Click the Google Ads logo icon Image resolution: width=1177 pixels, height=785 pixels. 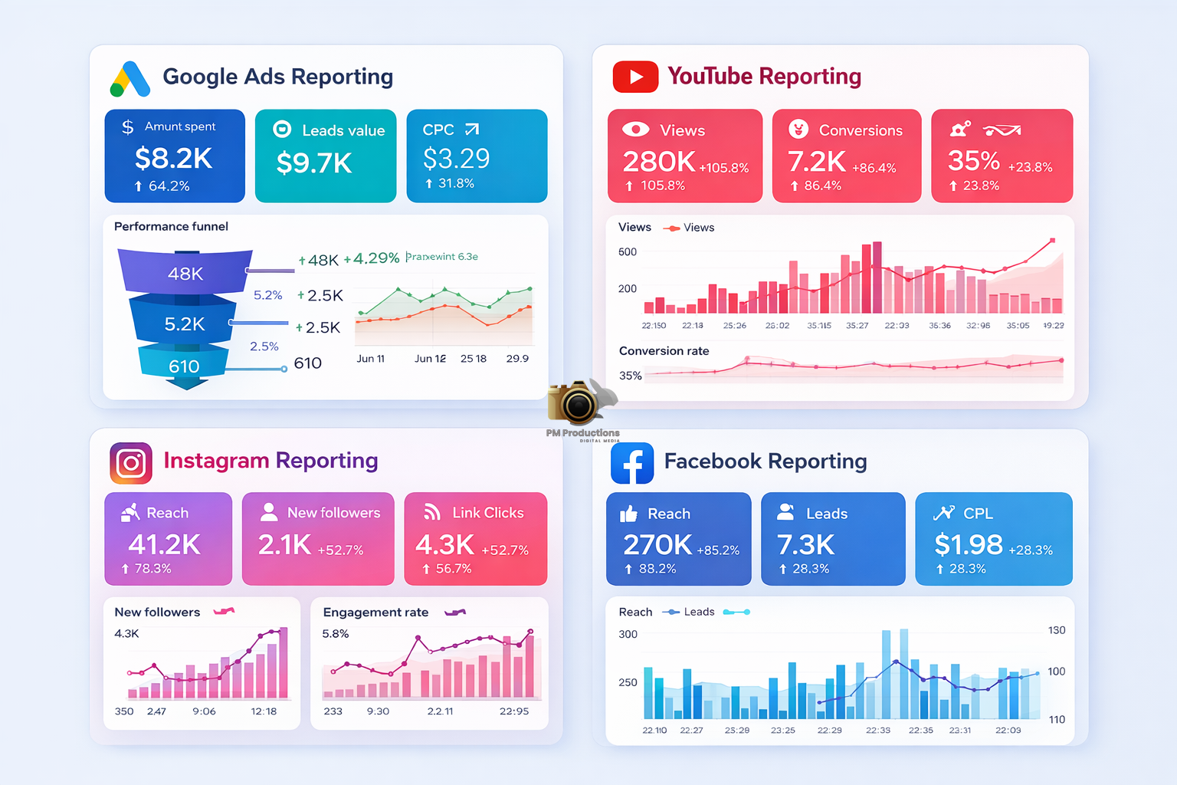point(130,79)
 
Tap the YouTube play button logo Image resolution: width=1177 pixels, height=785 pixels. point(635,77)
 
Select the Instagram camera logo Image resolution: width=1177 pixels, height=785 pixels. point(131,463)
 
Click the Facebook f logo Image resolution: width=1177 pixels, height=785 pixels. point(632,463)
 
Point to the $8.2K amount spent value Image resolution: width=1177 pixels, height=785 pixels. point(173,159)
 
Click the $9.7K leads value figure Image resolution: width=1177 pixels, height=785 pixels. point(314,163)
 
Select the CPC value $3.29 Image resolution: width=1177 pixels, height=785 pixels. point(456,159)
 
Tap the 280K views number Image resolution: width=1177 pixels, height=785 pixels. point(658,162)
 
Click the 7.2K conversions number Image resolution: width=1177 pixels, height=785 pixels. point(816,162)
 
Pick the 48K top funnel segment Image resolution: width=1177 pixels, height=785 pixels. point(185,274)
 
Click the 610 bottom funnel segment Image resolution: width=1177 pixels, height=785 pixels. point(184,366)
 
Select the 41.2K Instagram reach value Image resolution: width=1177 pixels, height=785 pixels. point(164,544)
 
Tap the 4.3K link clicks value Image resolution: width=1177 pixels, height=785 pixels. point(444,544)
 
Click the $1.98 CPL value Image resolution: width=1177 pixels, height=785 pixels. point(968,544)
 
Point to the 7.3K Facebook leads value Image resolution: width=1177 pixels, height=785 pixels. point(805,544)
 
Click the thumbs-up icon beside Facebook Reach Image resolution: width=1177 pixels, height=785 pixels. point(628,514)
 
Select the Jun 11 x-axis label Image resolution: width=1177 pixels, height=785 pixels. point(371,359)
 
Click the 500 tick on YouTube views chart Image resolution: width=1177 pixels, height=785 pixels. point(628,252)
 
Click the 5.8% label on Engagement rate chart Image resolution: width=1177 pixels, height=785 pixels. point(336,634)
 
